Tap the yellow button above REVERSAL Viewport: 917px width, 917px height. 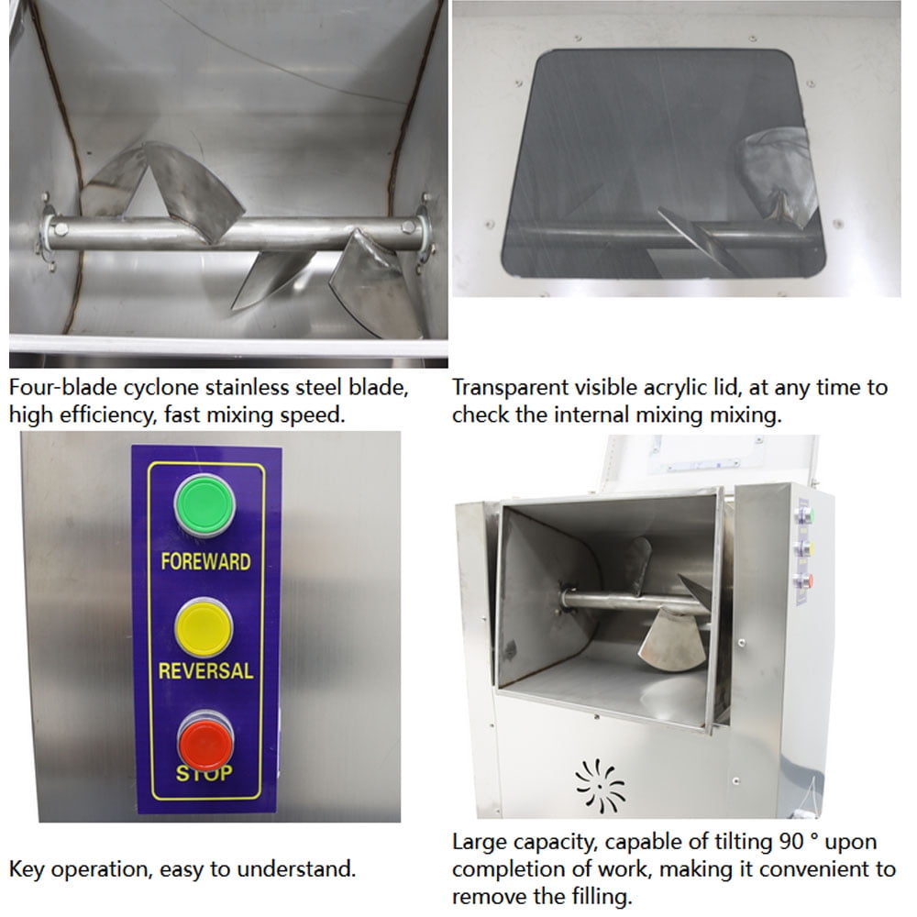point(204,627)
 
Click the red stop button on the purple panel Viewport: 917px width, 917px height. point(205,743)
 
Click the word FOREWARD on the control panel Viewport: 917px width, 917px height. point(205,561)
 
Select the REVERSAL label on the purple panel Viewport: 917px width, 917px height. point(205,671)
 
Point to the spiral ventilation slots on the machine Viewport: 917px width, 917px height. point(600,786)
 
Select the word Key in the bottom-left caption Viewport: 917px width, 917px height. point(27,869)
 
